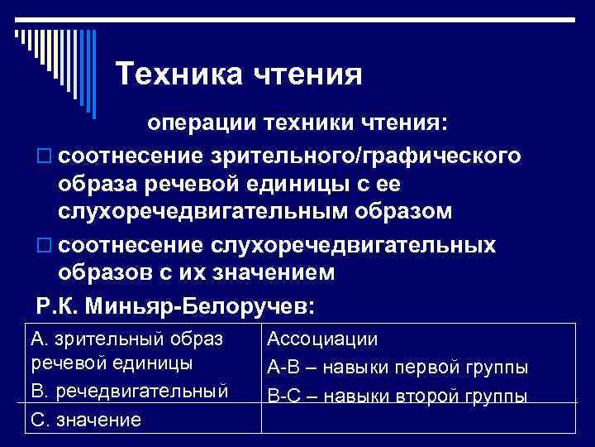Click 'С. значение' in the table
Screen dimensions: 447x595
(x=85, y=419)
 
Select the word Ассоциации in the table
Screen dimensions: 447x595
(x=321, y=339)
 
